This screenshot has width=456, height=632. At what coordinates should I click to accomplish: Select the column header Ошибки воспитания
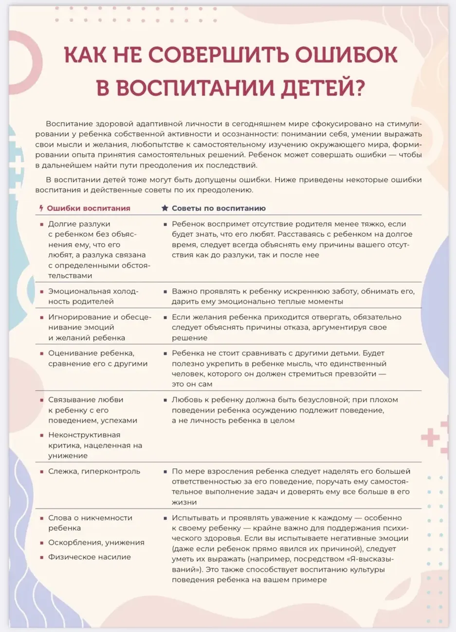point(89,209)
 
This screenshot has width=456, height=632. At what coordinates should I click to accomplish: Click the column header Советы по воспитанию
point(219,209)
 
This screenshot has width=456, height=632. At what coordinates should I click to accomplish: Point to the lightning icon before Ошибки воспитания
point(41,209)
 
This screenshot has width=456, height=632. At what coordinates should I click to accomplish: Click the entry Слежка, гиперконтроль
point(94,472)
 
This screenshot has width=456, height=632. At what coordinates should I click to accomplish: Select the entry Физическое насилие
point(90,557)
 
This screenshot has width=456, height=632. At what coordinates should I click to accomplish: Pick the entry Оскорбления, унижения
point(96,543)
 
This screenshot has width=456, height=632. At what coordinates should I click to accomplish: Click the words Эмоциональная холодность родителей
point(92,297)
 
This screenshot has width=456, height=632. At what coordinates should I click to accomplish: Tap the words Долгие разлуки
point(79,224)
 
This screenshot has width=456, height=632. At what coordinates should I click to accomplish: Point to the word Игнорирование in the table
point(80,317)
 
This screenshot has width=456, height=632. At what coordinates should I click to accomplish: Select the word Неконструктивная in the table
point(84,435)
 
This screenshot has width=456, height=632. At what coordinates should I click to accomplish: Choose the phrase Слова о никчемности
point(90,518)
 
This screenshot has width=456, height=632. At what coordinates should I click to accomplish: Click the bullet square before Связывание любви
point(41,400)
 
